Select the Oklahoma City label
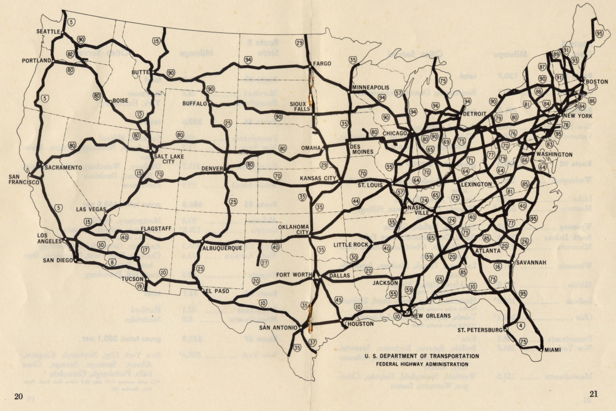(x=294, y=229)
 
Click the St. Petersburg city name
(x=480, y=329)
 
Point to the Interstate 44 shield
(x=355, y=202)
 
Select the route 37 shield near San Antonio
(x=312, y=342)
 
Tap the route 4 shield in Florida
(x=521, y=324)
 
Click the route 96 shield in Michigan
(x=435, y=106)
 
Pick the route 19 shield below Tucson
(x=139, y=286)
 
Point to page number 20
(x=19, y=395)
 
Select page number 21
(x=594, y=394)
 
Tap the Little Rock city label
(x=351, y=245)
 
